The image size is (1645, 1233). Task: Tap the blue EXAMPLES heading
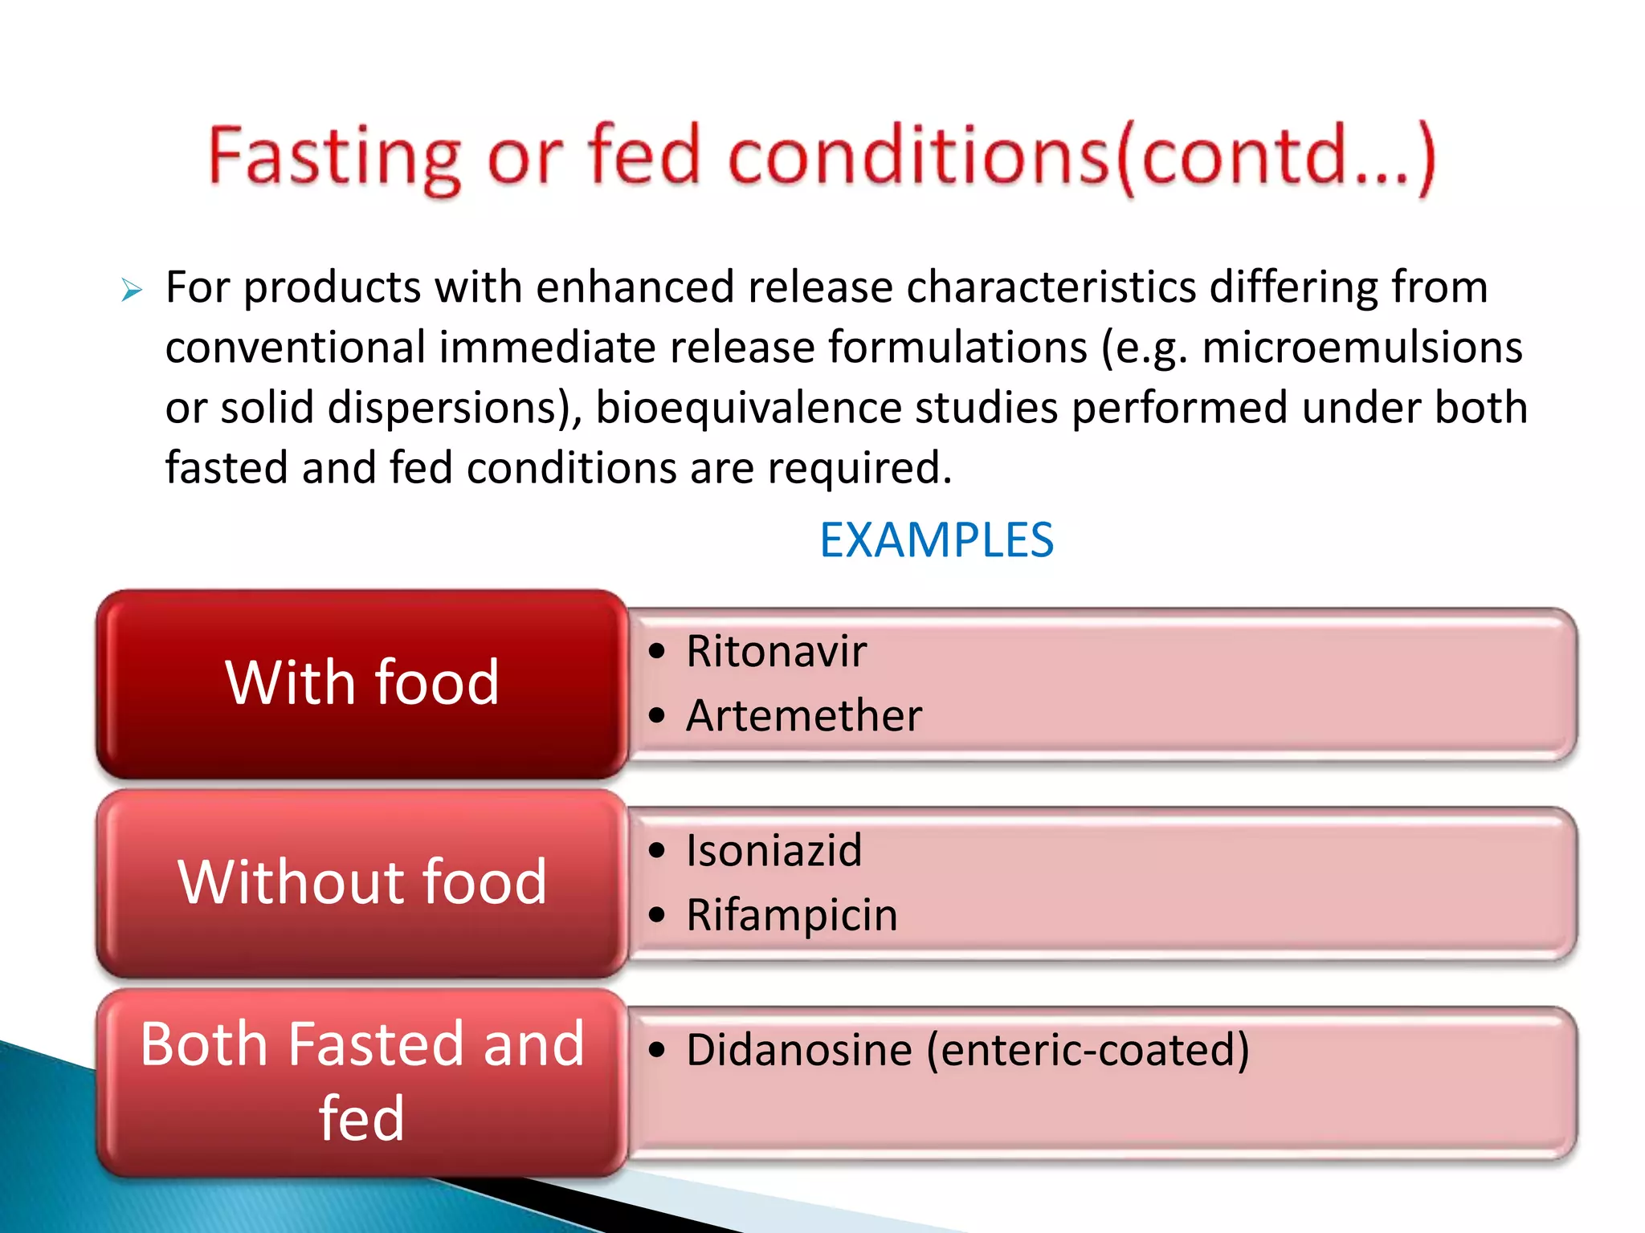pyautogui.click(x=936, y=540)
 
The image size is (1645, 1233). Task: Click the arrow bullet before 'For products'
pyautogui.click(x=132, y=291)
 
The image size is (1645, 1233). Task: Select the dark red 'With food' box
pyautogui.click(x=361, y=683)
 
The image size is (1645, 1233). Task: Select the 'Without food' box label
pyautogui.click(x=361, y=882)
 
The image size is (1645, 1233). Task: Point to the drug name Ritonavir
pyautogui.click(x=776, y=651)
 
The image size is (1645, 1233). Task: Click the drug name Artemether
pyautogui.click(x=804, y=715)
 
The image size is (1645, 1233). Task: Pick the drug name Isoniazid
pyautogui.click(x=774, y=850)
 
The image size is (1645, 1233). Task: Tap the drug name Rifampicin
pyautogui.click(x=791, y=914)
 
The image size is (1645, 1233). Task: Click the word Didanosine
pyautogui.click(x=799, y=1050)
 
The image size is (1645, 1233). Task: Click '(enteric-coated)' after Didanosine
pyautogui.click(x=1088, y=1050)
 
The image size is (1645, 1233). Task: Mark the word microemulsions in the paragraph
pyautogui.click(x=1362, y=348)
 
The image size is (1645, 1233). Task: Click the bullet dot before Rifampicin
pyautogui.click(x=658, y=914)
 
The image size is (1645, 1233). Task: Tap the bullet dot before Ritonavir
pyautogui.click(x=658, y=651)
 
